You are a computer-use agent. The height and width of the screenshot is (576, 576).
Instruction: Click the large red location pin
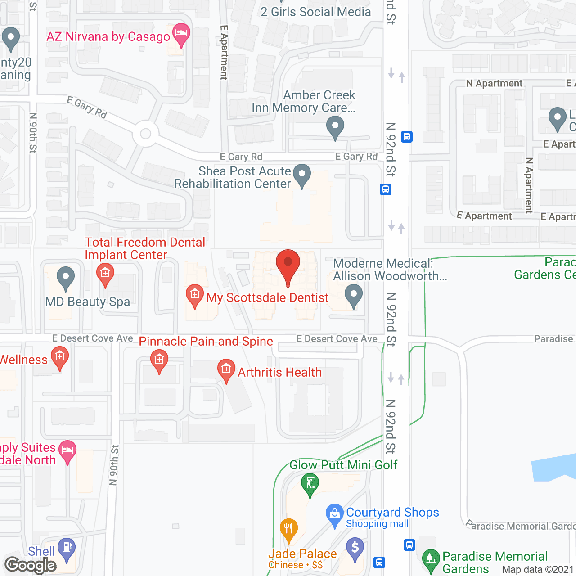point(288,265)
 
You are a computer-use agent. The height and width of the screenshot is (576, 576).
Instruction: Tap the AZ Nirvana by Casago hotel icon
point(181,34)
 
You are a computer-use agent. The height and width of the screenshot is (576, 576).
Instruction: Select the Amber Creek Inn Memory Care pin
point(335,126)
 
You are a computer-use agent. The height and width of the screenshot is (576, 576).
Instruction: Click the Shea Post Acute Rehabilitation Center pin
point(302,175)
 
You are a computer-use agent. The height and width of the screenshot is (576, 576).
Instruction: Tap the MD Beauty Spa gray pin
point(66,277)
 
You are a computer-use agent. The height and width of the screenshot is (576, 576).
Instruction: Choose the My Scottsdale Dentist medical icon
point(194,295)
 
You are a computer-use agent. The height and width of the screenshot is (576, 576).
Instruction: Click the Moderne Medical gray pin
point(354,295)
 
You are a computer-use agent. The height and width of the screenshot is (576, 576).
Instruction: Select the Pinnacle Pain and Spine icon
point(159,360)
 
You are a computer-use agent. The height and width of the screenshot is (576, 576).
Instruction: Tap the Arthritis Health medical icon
point(226,370)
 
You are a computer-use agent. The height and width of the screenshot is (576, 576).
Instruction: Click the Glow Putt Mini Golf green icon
point(310,484)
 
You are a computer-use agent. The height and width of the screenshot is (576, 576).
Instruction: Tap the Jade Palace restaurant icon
point(288,529)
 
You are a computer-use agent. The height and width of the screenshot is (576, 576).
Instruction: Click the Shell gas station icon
point(67,548)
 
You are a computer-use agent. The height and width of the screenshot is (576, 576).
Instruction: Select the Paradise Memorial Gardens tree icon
point(431,560)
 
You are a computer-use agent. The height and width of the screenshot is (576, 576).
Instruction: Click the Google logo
point(31,565)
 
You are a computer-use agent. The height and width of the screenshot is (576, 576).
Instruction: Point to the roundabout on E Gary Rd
point(145,134)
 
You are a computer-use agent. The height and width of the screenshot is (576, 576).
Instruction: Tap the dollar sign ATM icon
point(355,549)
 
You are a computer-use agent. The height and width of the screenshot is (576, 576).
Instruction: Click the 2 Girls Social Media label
point(316,12)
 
